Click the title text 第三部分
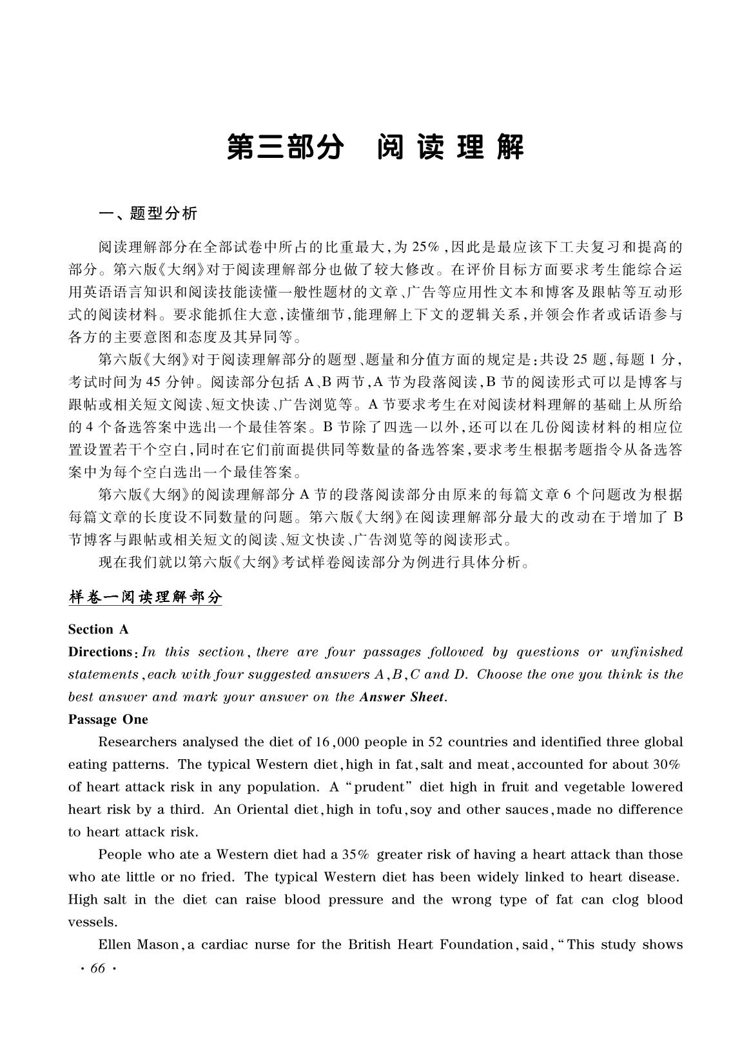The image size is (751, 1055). [x=284, y=148]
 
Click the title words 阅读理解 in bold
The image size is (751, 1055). [x=451, y=148]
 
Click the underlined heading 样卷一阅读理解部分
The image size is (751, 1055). [x=145, y=597]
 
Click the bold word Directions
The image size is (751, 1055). [x=101, y=652]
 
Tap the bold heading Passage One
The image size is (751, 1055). [x=108, y=719]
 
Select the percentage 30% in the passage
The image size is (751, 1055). [x=667, y=764]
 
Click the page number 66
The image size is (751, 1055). [x=98, y=969]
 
